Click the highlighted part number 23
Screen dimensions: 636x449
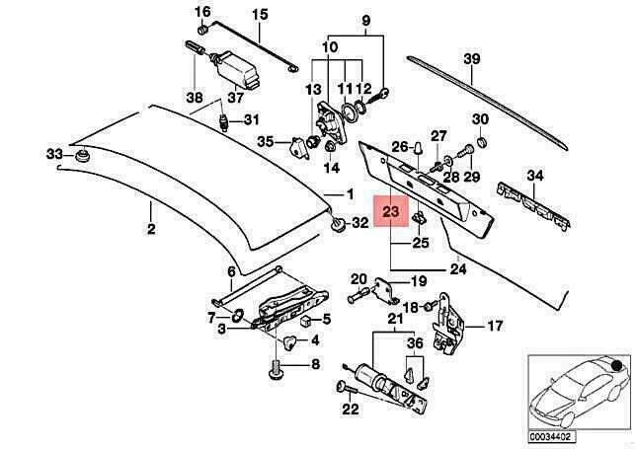(x=391, y=211)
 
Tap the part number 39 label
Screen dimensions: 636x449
(x=472, y=59)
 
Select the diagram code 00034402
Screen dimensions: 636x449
(x=552, y=437)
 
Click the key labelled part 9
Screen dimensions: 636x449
(x=382, y=95)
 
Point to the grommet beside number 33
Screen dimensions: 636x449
(x=82, y=156)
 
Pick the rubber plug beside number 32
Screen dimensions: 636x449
(x=339, y=225)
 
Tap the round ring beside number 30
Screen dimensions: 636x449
(x=481, y=142)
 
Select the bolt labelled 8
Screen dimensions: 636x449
(x=276, y=369)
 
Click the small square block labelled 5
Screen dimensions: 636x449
(x=306, y=322)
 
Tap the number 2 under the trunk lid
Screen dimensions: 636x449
(x=150, y=229)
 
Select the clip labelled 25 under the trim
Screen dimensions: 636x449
(x=418, y=218)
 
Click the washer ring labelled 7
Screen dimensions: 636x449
(x=237, y=315)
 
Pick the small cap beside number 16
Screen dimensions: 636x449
(x=202, y=30)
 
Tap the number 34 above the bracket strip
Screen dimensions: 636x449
(x=535, y=176)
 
